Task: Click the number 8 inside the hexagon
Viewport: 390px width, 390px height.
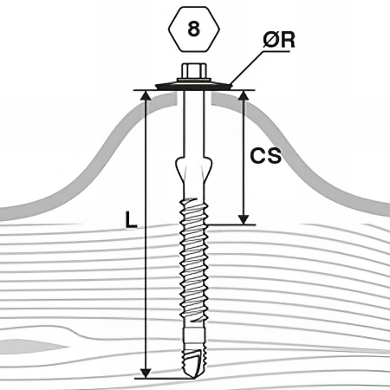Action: tap(193, 29)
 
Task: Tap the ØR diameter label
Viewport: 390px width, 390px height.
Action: tap(279, 40)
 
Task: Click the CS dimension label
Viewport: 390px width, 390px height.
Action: tap(265, 156)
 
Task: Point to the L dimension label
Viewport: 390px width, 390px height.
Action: tap(131, 219)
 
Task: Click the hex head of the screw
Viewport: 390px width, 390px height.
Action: tap(193, 71)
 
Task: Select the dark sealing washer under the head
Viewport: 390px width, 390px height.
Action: tap(193, 86)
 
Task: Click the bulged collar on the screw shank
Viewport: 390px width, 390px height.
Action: tap(193, 166)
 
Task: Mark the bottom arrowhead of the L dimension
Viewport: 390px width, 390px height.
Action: tap(146, 374)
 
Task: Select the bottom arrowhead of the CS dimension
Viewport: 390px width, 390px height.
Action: tap(244, 219)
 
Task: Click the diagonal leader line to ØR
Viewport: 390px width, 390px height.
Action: tap(246, 68)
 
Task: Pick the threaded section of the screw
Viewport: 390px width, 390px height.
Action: tap(193, 260)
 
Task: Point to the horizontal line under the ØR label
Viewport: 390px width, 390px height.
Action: tap(276, 52)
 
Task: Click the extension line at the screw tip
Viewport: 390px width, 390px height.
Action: tap(162, 379)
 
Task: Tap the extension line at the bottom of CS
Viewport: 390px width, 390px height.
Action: tap(231, 224)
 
